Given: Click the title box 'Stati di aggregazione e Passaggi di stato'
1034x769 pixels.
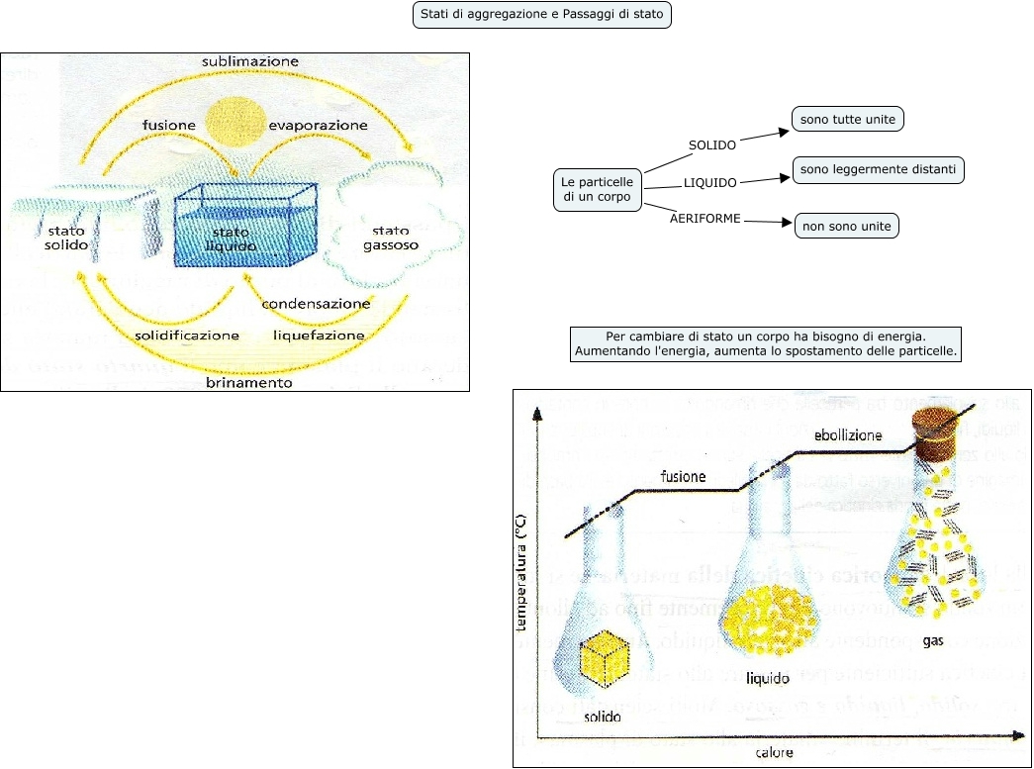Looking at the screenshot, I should point(541,16).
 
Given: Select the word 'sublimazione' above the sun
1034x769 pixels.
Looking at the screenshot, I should point(249,61).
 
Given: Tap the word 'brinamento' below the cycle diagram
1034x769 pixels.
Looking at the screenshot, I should point(248,382).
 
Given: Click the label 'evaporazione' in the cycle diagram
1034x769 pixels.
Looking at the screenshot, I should point(318,126).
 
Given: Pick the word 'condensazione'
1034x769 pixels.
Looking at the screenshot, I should point(316,304).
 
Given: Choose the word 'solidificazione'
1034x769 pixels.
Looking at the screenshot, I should point(187,336).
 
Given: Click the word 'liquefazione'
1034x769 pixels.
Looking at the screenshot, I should point(319,336).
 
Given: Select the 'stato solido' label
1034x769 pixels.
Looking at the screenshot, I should point(67,238).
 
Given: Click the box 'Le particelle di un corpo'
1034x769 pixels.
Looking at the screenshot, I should point(596,190).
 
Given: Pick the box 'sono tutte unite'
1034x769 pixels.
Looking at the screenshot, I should point(848,120).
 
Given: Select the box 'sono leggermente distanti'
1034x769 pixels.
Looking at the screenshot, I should point(878,170).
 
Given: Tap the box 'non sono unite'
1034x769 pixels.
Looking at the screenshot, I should point(847,227).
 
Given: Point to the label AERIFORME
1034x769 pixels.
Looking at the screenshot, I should point(705,219).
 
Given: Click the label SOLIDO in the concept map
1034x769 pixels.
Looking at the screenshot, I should point(711,145).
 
